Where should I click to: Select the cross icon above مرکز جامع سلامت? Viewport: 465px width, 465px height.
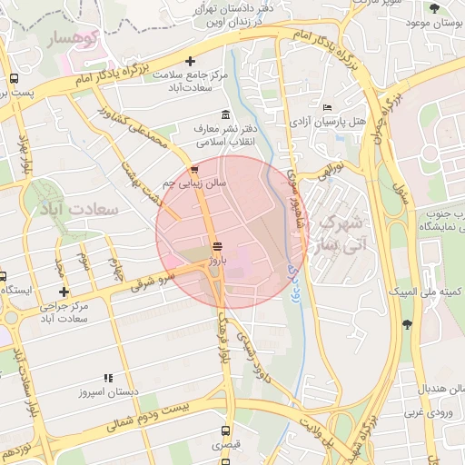[x=190, y=62]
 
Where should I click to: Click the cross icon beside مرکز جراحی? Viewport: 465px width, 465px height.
[x=63, y=292]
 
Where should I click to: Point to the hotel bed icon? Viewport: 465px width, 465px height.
[x=327, y=107]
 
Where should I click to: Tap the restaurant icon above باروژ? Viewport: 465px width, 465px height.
[x=216, y=246]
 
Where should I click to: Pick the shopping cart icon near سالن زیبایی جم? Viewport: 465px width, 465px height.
[x=193, y=171]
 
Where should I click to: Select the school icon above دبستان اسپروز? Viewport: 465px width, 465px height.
[x=108, y=377]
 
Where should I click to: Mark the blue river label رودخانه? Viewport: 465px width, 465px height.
[x=292, y=263]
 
